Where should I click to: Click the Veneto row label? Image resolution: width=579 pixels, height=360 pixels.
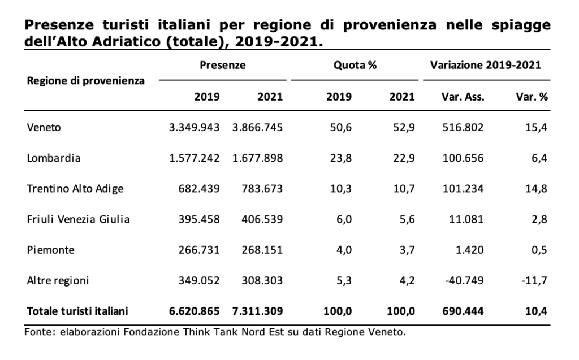tap(44, 127)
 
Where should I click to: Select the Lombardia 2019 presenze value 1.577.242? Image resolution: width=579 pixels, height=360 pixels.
tap(195, 158)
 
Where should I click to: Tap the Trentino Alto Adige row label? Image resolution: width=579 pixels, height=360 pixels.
tap(75, 189)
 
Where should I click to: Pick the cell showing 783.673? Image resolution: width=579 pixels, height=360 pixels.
tap(262, 189)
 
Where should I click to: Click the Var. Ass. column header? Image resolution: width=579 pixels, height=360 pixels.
tap(463, 97)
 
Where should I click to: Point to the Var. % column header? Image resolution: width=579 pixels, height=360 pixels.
tap(532, 97)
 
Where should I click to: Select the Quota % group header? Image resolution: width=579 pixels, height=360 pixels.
tap(355, 66)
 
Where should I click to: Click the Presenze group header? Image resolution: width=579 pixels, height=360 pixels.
tap(223, 66)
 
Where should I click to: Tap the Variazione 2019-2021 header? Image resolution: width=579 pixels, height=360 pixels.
tap(486, 66)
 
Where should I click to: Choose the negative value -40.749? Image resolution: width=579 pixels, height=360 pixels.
tap(464, 281)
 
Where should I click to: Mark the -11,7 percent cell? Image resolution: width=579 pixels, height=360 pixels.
tap(534, 281)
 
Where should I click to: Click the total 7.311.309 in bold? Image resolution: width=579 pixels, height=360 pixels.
tap(257, 311)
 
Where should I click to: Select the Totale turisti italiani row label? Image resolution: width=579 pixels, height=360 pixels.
tap(77, 311)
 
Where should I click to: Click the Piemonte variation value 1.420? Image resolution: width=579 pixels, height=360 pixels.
tap(469, 250)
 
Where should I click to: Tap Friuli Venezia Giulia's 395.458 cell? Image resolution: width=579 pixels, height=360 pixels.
tap(199, 219)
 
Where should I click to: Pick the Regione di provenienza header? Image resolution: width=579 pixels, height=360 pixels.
tap(86, 81)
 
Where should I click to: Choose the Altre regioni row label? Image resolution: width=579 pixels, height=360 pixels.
tap(58, 281)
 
